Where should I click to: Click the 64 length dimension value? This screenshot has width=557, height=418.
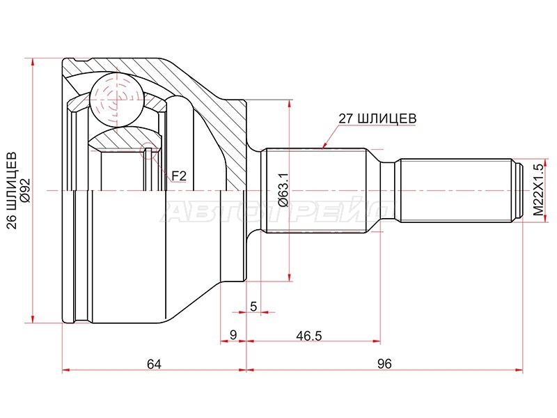click(x=154, y=364)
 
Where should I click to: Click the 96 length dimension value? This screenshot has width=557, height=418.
click(x=384, y=364)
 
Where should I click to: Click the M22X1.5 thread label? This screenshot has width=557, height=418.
click(x=538, y=189)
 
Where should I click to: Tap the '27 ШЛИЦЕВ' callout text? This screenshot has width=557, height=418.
click(x=377, y=118)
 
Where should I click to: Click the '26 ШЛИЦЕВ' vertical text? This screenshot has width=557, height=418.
click(x=12, y=190)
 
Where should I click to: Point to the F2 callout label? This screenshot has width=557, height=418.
click(x=179, y=176)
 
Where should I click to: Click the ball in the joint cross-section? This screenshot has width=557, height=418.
click(x=116, y=100)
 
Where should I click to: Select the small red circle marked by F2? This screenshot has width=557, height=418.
click(x=148, y=150)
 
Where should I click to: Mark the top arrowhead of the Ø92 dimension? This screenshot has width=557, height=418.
click(x=32, y=62)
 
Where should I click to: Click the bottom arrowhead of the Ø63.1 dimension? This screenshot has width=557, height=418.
click(x=290, y=277)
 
